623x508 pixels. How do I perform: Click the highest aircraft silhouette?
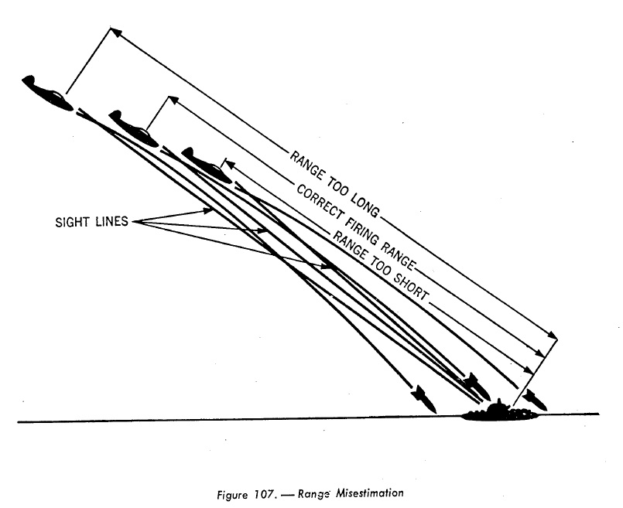(x=48, y=93)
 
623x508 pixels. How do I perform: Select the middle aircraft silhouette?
(x=133, y=128)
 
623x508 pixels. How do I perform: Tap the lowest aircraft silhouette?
(x=207, y=165)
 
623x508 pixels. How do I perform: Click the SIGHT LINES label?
(x=92, y=221)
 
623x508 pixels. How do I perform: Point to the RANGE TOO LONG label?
(x=334, y=184)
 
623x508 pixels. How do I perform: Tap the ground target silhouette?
(x=499, y=412)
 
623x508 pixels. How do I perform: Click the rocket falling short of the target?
(x=424, y=399)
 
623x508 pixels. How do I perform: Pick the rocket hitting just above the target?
(x=476, y=385)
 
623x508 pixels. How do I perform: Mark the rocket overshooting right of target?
(x=535, y=400)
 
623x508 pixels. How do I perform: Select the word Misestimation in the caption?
(x=369, y=493)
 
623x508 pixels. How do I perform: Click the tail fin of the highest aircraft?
(x=28, y=80)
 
